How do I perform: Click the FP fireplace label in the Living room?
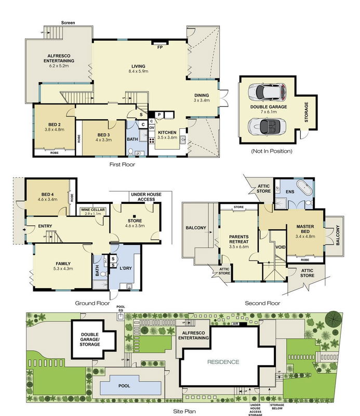pyautogui.click(x=161, y=47)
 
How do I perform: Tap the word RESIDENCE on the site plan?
pyautogui.click(x=224, y=362)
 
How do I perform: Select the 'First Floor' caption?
pyautogui.click(x=122, y=164)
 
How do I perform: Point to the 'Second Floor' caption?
pyautogui.click(x=263, y=303)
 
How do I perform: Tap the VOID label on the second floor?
pyautogui.click(x=279, y=247)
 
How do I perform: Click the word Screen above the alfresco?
pyautogui.click(x=69, y=23)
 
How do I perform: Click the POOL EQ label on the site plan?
pyautogui.click(x=121, y=309)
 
